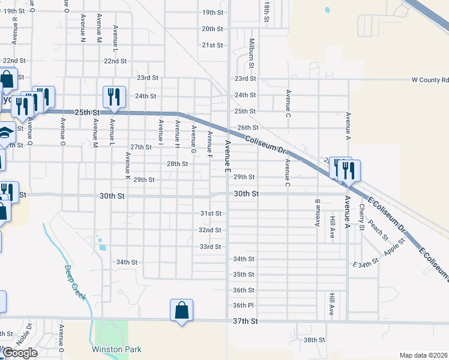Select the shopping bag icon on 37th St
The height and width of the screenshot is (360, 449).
click(x=181, y=311)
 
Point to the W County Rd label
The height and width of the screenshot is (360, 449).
click(x=430, y=79)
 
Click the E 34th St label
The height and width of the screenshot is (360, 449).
click(x=366, y=262)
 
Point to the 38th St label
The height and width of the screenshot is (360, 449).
click(x=314, y=340)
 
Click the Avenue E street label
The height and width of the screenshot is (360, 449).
click(x=228, y=155)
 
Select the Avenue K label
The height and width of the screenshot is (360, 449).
click(x=128, y=166)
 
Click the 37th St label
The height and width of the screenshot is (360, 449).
click(x=246, y=322)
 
